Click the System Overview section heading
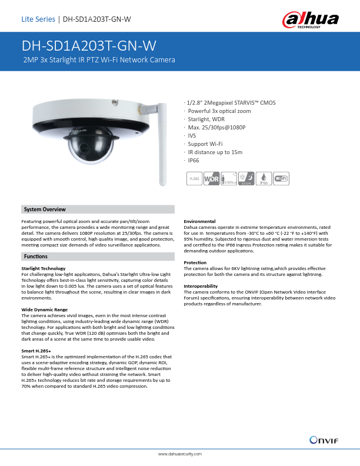(x=45, y=209)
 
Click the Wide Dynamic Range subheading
(x=44, y=309)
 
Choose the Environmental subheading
(x=199, y=221)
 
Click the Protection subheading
(x=195, y=262)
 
